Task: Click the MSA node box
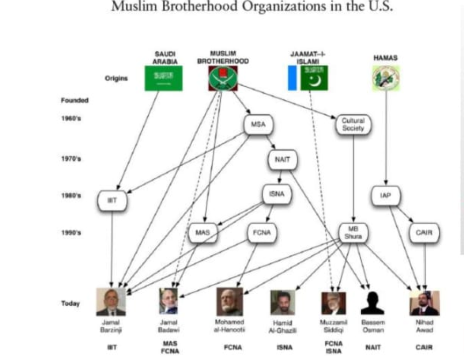coord(258,124)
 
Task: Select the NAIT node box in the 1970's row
coord(282,160)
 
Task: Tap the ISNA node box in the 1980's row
coord(277,194)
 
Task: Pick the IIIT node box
coord(112,201)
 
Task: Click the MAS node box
coord(202,233)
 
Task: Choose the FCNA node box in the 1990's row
coord(262,233)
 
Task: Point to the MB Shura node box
coord(352,233)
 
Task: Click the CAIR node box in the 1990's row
coord(425,233)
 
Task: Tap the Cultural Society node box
coord(353,124)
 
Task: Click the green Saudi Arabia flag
coord(163,78)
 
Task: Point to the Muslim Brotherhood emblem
coord(223,78)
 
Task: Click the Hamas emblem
coord(386,78)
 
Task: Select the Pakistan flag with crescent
coord(314,78)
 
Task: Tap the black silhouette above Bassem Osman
coord(372,303)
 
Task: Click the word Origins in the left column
coord(116,78)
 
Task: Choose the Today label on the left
coord(70,304)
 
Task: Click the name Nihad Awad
coord(424,326)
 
